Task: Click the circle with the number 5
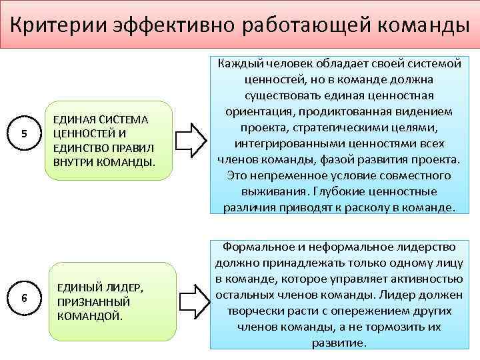tap(24, 133)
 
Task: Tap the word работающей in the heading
tap(301, 25)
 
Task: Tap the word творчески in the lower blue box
tap(261, 311)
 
